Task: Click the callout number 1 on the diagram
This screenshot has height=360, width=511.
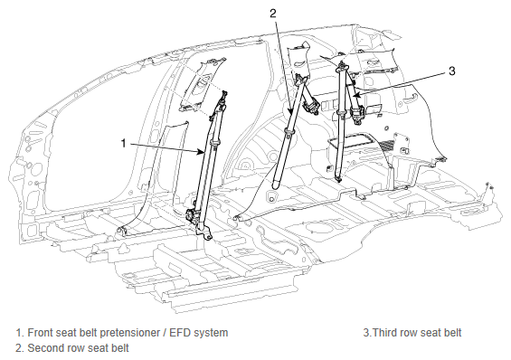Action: pos(123,143)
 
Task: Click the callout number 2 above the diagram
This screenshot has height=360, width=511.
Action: pos(273,13)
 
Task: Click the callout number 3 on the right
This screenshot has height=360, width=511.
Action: pos(451,71)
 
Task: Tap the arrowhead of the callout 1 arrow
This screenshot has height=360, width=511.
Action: pos(202,152)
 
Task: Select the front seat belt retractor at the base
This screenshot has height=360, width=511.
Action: pos(194,217)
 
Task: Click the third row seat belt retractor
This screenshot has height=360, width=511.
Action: pos(358,114)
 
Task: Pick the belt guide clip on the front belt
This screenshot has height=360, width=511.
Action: pos(214,142)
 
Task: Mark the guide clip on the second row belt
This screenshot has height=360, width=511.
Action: pos(289,132)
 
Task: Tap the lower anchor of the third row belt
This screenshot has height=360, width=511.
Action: pos(339,178)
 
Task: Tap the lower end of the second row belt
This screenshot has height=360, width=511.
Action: pos(276,185)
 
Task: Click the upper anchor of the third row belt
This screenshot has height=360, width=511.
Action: pos(342,66)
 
